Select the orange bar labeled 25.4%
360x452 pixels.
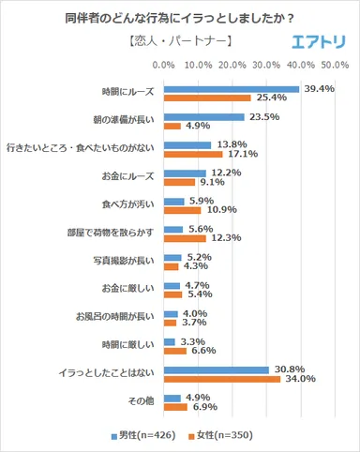click(206, 98)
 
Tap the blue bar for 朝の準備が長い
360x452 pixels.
click(203, 118)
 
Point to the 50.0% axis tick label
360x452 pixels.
click(335, 67)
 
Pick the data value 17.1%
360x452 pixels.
click(240, 154)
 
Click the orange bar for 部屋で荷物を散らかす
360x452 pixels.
click(184, 239)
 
